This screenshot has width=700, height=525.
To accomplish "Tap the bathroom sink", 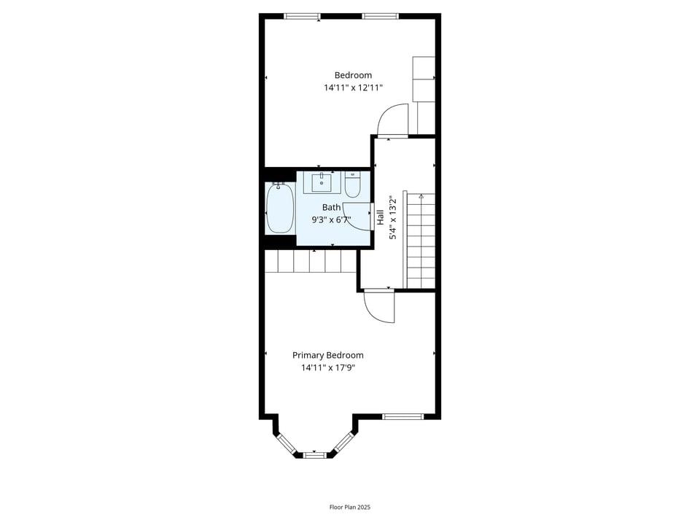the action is tap(322, 182).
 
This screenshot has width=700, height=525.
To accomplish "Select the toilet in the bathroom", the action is tap(353, 184).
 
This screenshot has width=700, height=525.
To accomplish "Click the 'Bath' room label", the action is tap(331, 207).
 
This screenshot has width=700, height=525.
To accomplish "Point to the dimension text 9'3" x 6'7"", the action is tap(331, 219).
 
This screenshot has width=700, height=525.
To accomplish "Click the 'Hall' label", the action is tap(381, 217).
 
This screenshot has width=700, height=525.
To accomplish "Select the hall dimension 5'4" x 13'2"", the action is tap(393, 217).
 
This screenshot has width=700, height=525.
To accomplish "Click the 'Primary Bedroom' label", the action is tap(327, 355).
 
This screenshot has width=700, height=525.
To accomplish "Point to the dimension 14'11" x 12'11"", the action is tap(353, 87).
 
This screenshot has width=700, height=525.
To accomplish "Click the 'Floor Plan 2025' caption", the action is tap(350, 507).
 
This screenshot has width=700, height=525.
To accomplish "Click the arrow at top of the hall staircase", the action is tap(421, 196).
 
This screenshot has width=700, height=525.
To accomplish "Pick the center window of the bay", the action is tap(315, 455).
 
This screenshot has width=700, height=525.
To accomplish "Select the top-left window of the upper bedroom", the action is tap(302, 17).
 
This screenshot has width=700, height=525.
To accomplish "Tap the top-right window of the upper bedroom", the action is tap(380, 17).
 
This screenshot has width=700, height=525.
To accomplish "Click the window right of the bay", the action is tap(402, 417).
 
